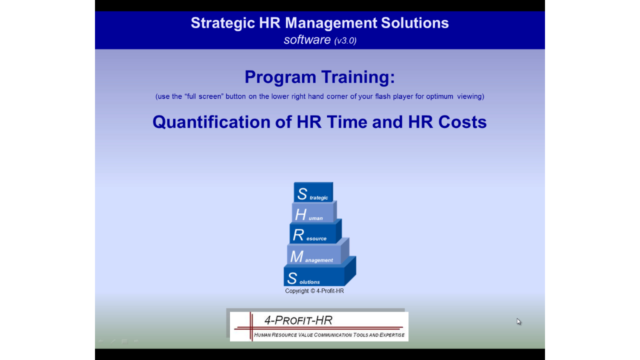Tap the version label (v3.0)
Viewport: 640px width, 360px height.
coord(345,40)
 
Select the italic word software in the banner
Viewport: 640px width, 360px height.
coord(307,39)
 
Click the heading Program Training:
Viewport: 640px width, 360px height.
coord(319,77)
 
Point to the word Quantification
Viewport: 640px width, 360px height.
coord(211,122)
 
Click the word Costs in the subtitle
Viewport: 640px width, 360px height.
coord(462,122)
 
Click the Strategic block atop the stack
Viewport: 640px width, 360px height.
coord(313,192)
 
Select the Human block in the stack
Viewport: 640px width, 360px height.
coord(313,212)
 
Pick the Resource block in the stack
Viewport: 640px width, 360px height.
coord(314,232)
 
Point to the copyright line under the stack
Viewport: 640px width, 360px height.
coord(314,291)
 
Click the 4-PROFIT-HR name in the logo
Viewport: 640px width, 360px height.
coord(298,320)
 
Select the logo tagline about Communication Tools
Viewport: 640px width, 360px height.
coord(329,335)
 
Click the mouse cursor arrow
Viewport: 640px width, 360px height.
coord(518,321)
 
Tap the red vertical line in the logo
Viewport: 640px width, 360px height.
coord(251,326)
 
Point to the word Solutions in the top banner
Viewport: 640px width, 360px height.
coord(415,23)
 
